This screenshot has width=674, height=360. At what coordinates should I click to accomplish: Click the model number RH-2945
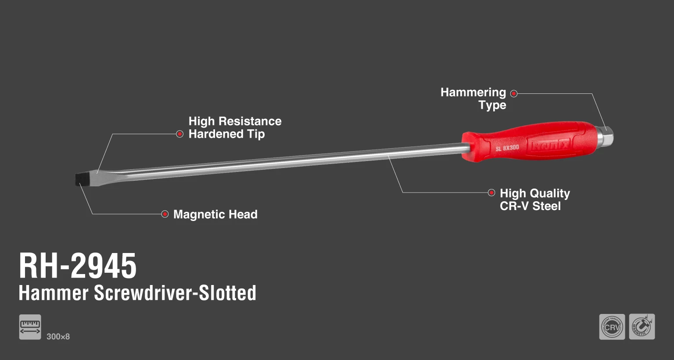(x=78, y=266)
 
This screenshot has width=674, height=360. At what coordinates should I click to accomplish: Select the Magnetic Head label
(x=215, y=214)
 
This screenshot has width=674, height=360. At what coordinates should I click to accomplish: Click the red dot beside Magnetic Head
(x=165, y=214)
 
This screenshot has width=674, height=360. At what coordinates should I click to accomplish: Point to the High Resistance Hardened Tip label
(x=235, y=128)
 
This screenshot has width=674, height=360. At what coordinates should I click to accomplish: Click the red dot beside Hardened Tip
(x=179, y=134)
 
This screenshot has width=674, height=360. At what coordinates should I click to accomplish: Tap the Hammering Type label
(x=474, y=99)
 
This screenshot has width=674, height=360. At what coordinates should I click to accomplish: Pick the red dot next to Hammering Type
(x=514, y=93)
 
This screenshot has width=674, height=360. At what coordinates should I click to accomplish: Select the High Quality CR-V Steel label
(x=534, y=200)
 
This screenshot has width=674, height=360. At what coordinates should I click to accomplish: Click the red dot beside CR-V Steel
(x=491, y=192)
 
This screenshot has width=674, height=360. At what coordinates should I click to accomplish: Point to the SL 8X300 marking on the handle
(x=507, y=148)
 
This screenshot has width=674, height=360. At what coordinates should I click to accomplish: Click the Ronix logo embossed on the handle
(x=550, y=145)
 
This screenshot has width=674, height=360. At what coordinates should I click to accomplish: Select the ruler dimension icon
(x=30, y=327)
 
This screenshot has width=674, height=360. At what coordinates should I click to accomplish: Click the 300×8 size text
(x=58, y=337)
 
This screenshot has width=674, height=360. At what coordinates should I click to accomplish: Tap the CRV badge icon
(x=612, y=327)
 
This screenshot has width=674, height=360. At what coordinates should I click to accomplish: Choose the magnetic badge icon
(x=642, y=327)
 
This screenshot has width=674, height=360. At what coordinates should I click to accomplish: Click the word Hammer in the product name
(x=54, y=293)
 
